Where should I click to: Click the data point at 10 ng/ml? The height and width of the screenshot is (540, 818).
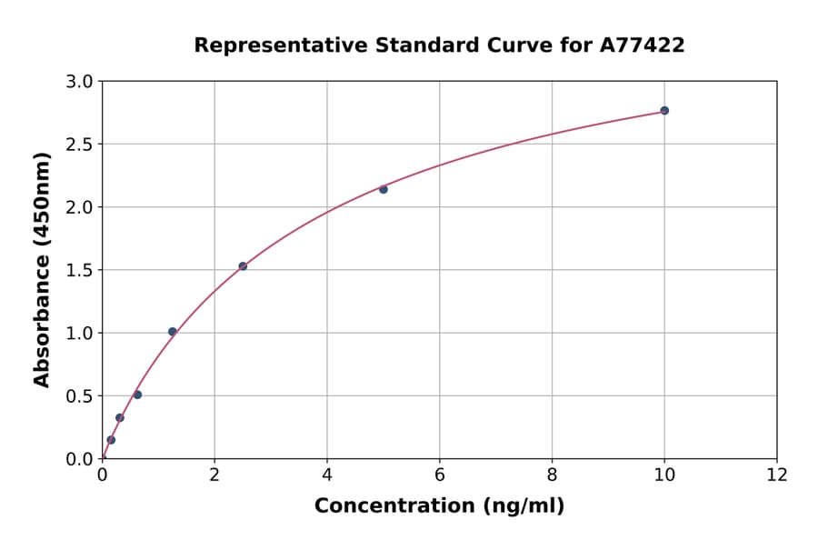click(x=664, y=111)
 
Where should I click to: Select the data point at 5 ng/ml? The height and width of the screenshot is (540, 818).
click(x=384, y=189)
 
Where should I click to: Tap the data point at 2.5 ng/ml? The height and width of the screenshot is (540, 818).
click(x=243, y=266)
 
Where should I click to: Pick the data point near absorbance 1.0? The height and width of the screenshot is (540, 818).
click(x=173, y=332)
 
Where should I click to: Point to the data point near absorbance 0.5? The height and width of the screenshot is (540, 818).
click(x=137, y=395)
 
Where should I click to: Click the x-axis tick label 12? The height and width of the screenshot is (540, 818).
click(x=777, y=474)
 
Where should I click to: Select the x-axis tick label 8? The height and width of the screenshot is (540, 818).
click(x=552, y=474)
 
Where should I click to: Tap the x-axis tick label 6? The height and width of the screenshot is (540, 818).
click(x=439, y=474)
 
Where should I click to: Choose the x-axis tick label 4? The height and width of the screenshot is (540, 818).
click(x=327, y=474)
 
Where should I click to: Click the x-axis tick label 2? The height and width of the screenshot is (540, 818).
click(x=214, y=474)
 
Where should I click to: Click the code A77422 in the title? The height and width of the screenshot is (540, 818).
click(x=642, y=45)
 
